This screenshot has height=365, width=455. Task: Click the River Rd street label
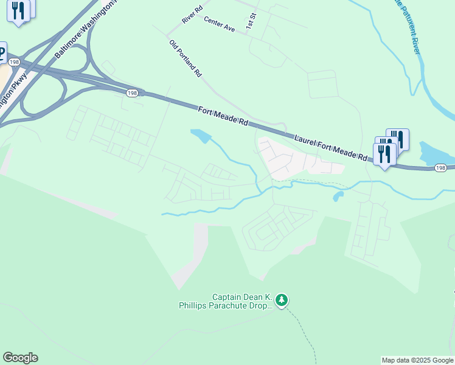click(192, 15)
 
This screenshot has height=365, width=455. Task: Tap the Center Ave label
click(219, 24)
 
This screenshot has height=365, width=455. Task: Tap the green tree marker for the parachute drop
click(281, 300)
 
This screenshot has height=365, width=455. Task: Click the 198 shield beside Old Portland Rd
click(133, 93)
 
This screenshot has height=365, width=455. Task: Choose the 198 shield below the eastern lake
click(441, 167)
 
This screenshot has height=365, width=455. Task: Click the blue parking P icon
click(2, 52)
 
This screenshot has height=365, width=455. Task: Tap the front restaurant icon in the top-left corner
click(18, 12)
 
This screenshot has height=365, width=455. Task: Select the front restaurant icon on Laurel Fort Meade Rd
click(384, 155)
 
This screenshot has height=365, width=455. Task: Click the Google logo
click(20, 358)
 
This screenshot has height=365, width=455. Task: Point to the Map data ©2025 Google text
click(417, 360)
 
